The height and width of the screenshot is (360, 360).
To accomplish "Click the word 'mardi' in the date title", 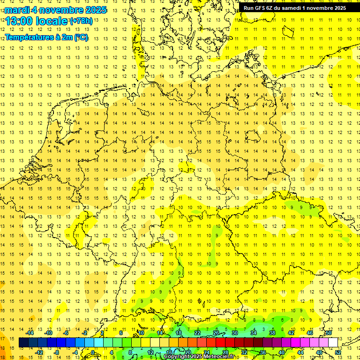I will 17,10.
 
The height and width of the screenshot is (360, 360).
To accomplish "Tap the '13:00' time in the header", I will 19,21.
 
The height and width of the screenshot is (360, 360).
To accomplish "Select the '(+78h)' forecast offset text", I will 81,21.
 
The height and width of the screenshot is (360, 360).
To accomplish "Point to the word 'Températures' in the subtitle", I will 29,37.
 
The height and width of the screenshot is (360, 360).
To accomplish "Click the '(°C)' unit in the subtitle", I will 80,37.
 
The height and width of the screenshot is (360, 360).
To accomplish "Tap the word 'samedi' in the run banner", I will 290,8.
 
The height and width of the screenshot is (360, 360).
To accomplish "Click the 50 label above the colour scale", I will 329,333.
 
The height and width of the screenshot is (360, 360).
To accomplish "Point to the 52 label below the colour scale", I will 338,352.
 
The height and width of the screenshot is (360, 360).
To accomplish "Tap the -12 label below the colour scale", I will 39,352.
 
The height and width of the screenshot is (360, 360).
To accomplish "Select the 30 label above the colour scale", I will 234,333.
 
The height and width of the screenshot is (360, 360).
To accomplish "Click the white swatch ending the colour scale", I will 333,342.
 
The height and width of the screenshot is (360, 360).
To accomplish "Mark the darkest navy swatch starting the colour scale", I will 23,342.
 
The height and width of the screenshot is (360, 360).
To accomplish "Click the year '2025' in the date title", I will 94,10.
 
